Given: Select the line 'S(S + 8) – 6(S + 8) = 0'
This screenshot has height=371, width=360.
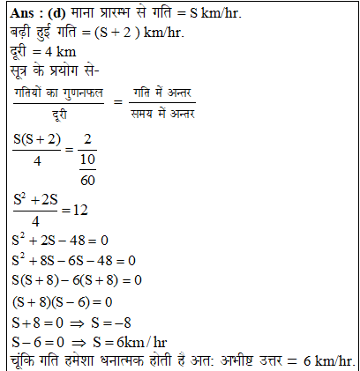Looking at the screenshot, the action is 78,280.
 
